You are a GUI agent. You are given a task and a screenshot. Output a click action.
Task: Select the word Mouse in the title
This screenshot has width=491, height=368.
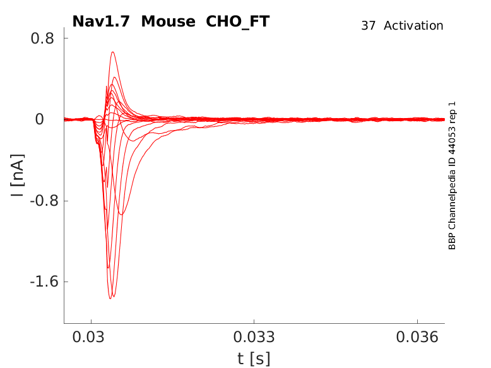169,21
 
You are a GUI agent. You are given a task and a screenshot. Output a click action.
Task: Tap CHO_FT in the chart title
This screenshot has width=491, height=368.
238,21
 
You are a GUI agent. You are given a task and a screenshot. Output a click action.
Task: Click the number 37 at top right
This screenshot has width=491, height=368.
369,26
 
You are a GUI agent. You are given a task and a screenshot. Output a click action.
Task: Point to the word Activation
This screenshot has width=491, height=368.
413,26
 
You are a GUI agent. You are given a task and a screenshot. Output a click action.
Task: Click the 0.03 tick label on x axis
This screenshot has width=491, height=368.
92,338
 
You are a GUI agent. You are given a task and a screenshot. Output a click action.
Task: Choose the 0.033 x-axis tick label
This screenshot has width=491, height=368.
254,338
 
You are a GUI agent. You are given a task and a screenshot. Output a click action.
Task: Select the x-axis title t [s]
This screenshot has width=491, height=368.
254,359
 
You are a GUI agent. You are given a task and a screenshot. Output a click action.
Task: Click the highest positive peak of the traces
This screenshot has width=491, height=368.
112,52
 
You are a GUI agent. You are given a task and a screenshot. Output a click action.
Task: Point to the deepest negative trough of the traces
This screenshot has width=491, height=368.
110,298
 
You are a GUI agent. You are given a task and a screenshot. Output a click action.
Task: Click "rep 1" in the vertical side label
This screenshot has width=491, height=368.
452,113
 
